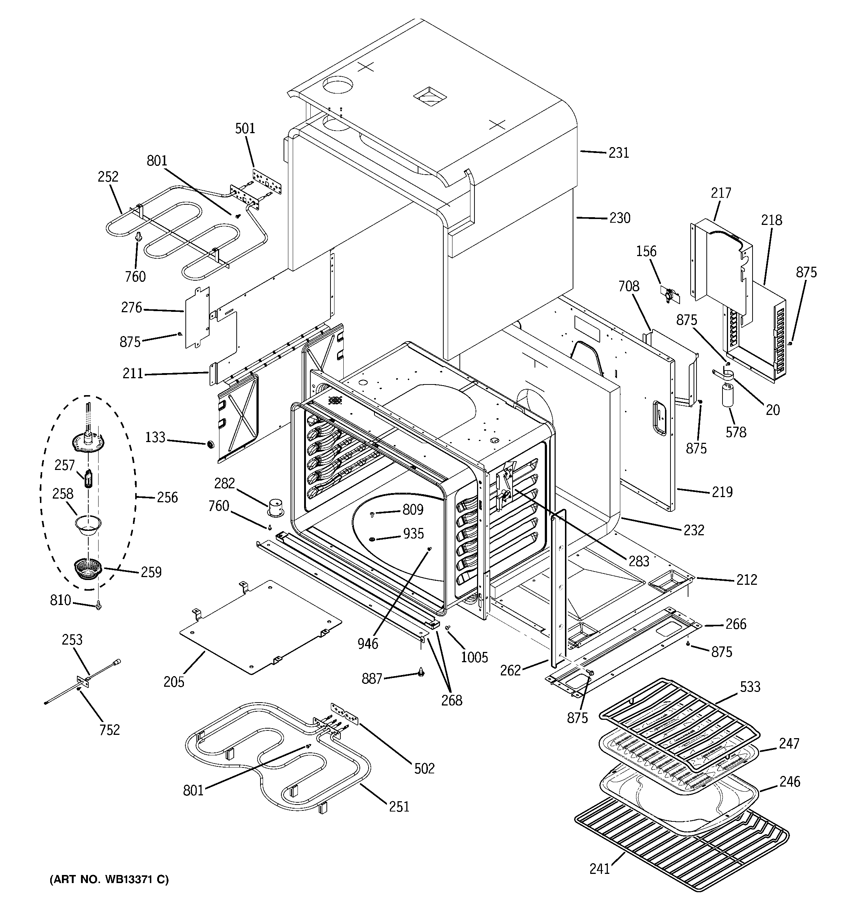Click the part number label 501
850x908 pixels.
click(x=245, y=128)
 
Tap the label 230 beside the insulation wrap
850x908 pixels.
click(x=620, y=218)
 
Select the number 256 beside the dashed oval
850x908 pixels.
click(x=167, y=497)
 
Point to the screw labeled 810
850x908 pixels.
click(x=99, y=606)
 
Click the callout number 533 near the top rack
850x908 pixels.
click(x=750, y=686)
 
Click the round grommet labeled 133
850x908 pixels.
click(x=210, y=444)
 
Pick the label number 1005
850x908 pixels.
click(x=474, y=657)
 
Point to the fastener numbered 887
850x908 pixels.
click(x=421, y=672)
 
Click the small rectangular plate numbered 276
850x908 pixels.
click(x=197, y=317)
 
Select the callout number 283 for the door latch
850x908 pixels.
click(x=639, y=561)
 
